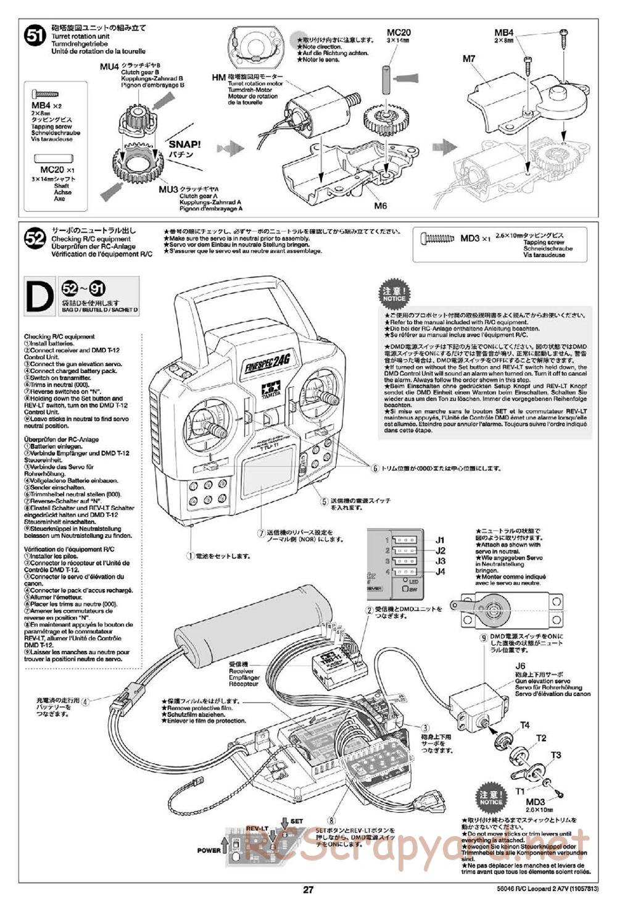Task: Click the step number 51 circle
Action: (35, 36)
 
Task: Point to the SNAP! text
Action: (184, 145)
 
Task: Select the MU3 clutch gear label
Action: (168, 189)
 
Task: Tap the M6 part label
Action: (380, 206)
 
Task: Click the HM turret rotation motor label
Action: (218, 77)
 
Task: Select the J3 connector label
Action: (440, 561)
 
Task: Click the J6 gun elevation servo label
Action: (520, 666)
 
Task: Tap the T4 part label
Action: (524, 725)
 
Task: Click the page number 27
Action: (308, 890)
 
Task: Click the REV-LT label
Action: (257, 829)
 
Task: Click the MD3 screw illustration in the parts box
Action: (437, 237)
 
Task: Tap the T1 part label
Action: (520, 791)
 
